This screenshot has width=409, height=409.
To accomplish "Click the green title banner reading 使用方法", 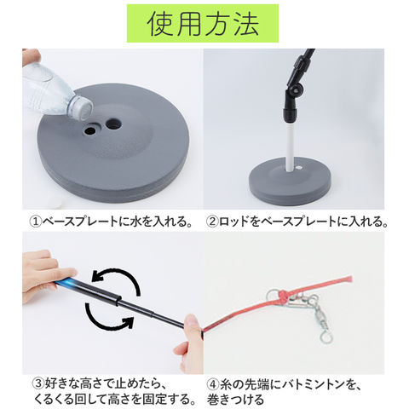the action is click(203, 23).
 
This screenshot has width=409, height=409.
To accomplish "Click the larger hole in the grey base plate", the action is click(113, 124).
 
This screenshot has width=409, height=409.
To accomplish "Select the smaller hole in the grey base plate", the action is click(90, 130).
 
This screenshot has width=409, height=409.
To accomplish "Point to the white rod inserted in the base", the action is click(290, 147).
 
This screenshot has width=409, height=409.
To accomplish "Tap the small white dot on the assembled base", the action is click(299, 168).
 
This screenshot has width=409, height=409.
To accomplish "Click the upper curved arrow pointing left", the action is click(117, 279).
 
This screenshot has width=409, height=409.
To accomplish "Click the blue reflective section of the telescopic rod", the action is click(66, 283).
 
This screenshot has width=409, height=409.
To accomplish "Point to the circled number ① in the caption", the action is click(36, 222).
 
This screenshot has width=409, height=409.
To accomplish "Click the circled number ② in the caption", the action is click(212, 222).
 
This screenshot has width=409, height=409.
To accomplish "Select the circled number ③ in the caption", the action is click(37, 383).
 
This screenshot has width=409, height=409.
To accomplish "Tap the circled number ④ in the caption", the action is click(214, 384).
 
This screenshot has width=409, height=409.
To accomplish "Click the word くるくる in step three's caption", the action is click(53, 399).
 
